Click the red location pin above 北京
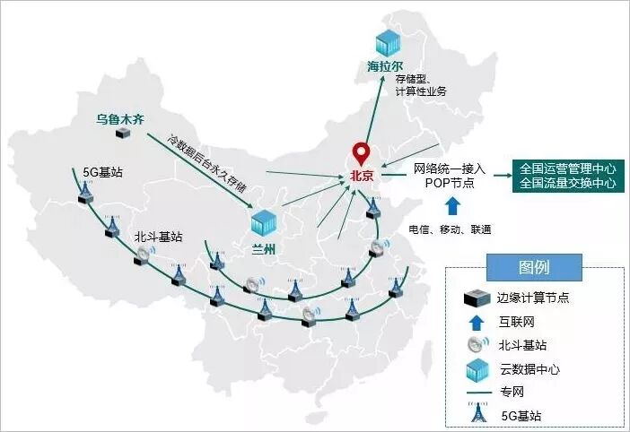point(361,152)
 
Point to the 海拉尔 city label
point(386,67)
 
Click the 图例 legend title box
point(533,266)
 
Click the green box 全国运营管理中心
point(568,168)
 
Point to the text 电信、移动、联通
point(450,229)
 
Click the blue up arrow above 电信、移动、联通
point(452,206)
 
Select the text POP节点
point(450,183)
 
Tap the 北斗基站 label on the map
point(158,237)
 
